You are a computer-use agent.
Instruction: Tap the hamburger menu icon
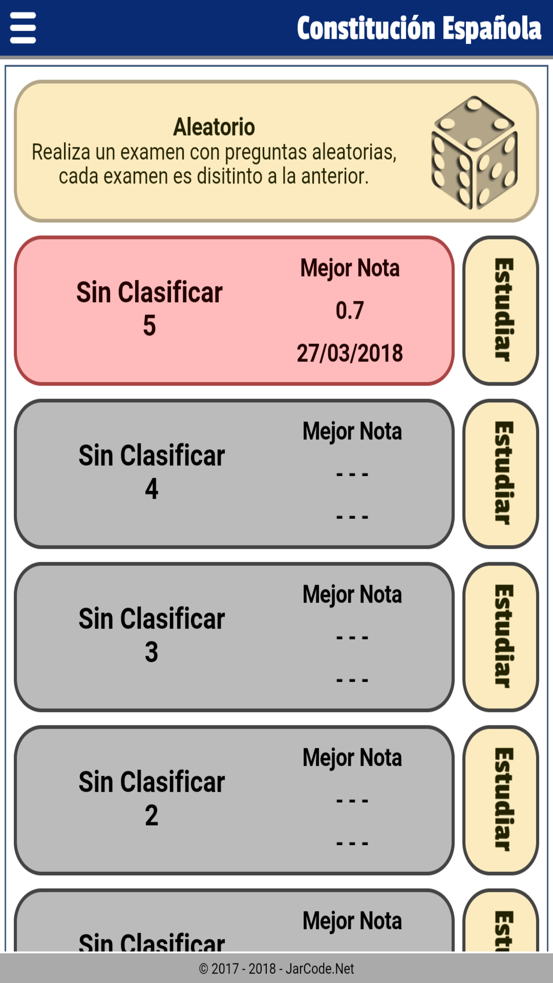(23, 28)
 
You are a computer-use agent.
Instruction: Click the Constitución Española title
(419, 28)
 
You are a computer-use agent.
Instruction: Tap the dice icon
(474, 153)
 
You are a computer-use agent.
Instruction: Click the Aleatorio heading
(214, 127)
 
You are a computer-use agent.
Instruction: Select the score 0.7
(350, 310)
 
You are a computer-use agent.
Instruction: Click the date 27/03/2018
(350, 353)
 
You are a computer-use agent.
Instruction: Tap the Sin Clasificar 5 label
(150, 309)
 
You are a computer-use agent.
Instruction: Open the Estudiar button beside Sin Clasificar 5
(501, 310)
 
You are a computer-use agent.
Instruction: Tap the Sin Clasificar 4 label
(152, 472)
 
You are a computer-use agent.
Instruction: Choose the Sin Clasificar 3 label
(152, 635)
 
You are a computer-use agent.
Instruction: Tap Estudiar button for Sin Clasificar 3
(501, 637)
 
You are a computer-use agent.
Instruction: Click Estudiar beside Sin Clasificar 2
(501, 800)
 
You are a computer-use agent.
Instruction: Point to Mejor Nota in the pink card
(350, 268)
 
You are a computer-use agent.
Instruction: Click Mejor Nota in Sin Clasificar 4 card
(352, 432)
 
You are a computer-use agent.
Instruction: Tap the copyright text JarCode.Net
(276, 969)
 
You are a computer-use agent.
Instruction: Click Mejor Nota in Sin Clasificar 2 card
(352, 758)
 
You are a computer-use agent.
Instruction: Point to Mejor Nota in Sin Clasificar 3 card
(352, 595)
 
